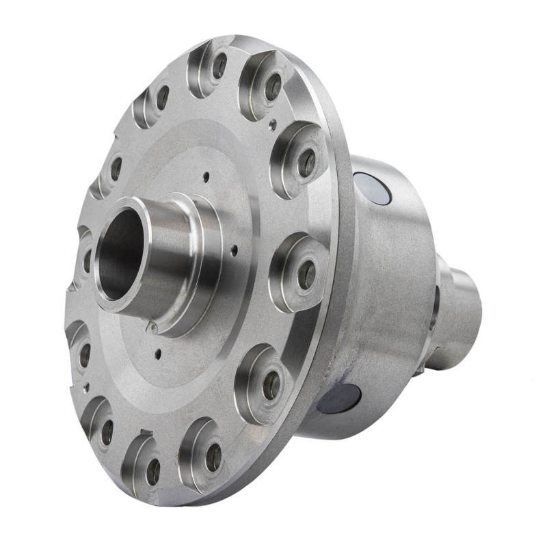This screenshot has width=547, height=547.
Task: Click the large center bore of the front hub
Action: (122, 254)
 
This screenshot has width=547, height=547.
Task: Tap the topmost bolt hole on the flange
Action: (219, 66)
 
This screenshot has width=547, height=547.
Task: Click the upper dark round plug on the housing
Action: (372, 189)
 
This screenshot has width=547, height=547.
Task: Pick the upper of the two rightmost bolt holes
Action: (307, 162)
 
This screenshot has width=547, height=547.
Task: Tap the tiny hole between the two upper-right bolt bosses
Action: (273, 124)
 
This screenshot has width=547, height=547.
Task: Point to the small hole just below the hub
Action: (159, 353)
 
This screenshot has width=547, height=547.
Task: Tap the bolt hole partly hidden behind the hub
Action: (87, 260)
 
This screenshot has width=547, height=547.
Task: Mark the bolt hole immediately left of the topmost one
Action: (163, 98)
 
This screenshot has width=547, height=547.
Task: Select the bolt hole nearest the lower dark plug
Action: (272, 386)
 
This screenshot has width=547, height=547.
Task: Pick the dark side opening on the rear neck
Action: (435, 298)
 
